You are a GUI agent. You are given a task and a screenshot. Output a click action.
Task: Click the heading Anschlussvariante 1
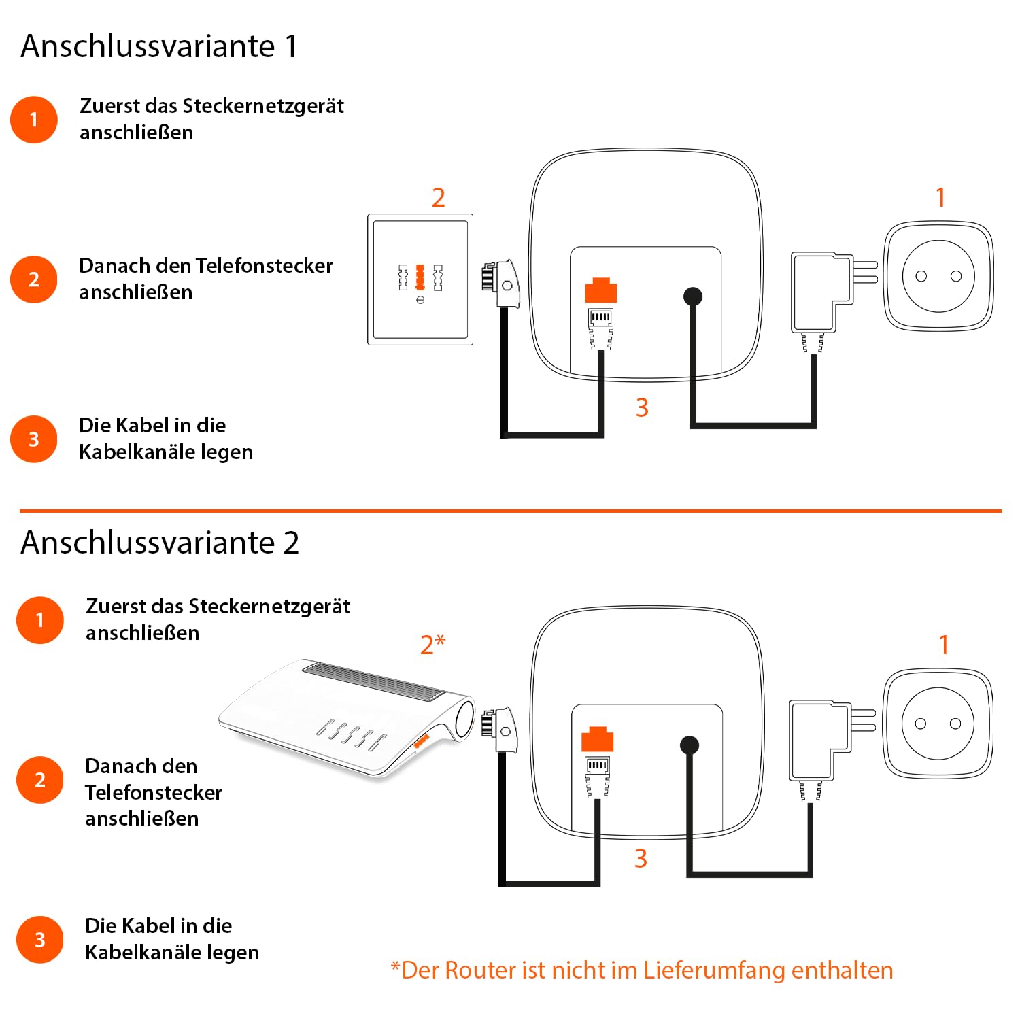159,46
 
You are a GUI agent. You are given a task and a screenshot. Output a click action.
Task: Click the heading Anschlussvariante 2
160,543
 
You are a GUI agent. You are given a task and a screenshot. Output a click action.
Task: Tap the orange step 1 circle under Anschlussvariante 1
34,120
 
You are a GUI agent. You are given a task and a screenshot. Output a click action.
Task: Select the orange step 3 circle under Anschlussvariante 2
40,940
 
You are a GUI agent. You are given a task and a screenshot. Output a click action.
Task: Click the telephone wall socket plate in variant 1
420,279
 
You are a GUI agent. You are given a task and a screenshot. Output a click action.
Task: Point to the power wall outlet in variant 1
938,276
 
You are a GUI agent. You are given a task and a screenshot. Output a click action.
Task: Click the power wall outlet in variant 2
938,724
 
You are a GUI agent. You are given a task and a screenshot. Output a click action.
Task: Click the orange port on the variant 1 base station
600,290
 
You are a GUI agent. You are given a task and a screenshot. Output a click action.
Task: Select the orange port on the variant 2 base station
597,739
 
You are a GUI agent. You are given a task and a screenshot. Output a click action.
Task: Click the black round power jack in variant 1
692,296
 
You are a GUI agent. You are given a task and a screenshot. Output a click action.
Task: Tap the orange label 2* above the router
432,644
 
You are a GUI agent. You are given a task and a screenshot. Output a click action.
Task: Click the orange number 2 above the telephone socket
439,198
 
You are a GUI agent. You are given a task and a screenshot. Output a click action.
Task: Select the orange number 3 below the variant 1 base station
642,408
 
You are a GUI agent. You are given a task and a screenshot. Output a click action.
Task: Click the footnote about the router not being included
641,970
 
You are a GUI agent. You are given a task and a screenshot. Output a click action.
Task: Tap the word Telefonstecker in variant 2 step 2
154,792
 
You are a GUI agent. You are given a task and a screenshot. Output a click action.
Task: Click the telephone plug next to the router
500,731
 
